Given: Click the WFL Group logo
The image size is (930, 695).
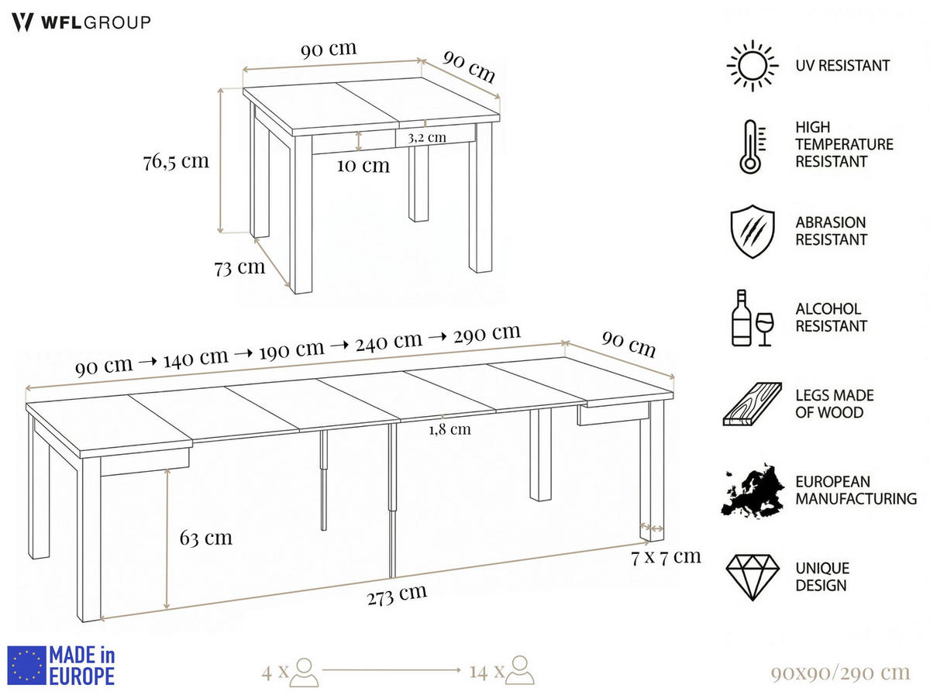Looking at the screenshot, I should tap(81, 22).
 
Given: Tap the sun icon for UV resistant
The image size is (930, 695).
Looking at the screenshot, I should tap(751, 66).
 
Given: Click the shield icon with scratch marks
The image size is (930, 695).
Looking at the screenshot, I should tap(751, 231).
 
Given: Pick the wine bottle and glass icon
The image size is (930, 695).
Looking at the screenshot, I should tap(752, 318).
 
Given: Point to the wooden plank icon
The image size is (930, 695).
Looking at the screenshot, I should tap(751, 404).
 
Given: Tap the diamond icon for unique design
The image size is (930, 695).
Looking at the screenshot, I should tap(751, 577).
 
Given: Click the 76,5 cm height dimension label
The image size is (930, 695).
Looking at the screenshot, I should tap(176, 162).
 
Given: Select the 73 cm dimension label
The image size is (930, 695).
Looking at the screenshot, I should tap(239, 268).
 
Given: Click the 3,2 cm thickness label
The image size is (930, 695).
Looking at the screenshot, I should tap(427, 137).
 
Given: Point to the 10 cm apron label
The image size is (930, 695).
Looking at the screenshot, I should tap(363, 165).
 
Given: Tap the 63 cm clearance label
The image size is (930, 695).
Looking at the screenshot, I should tap(206, 538).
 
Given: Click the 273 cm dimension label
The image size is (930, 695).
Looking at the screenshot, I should tap(397, 595).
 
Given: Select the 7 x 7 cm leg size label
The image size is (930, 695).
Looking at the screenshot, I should tap(666, 556).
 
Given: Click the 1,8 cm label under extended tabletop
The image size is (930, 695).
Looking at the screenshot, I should tap(449, 428).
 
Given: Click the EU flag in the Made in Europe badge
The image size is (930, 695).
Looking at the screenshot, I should tap(26, 666).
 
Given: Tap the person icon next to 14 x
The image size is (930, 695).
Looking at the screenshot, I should tap(521, 671).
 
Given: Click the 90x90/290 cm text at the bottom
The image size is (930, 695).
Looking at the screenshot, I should tap(840, 672).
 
